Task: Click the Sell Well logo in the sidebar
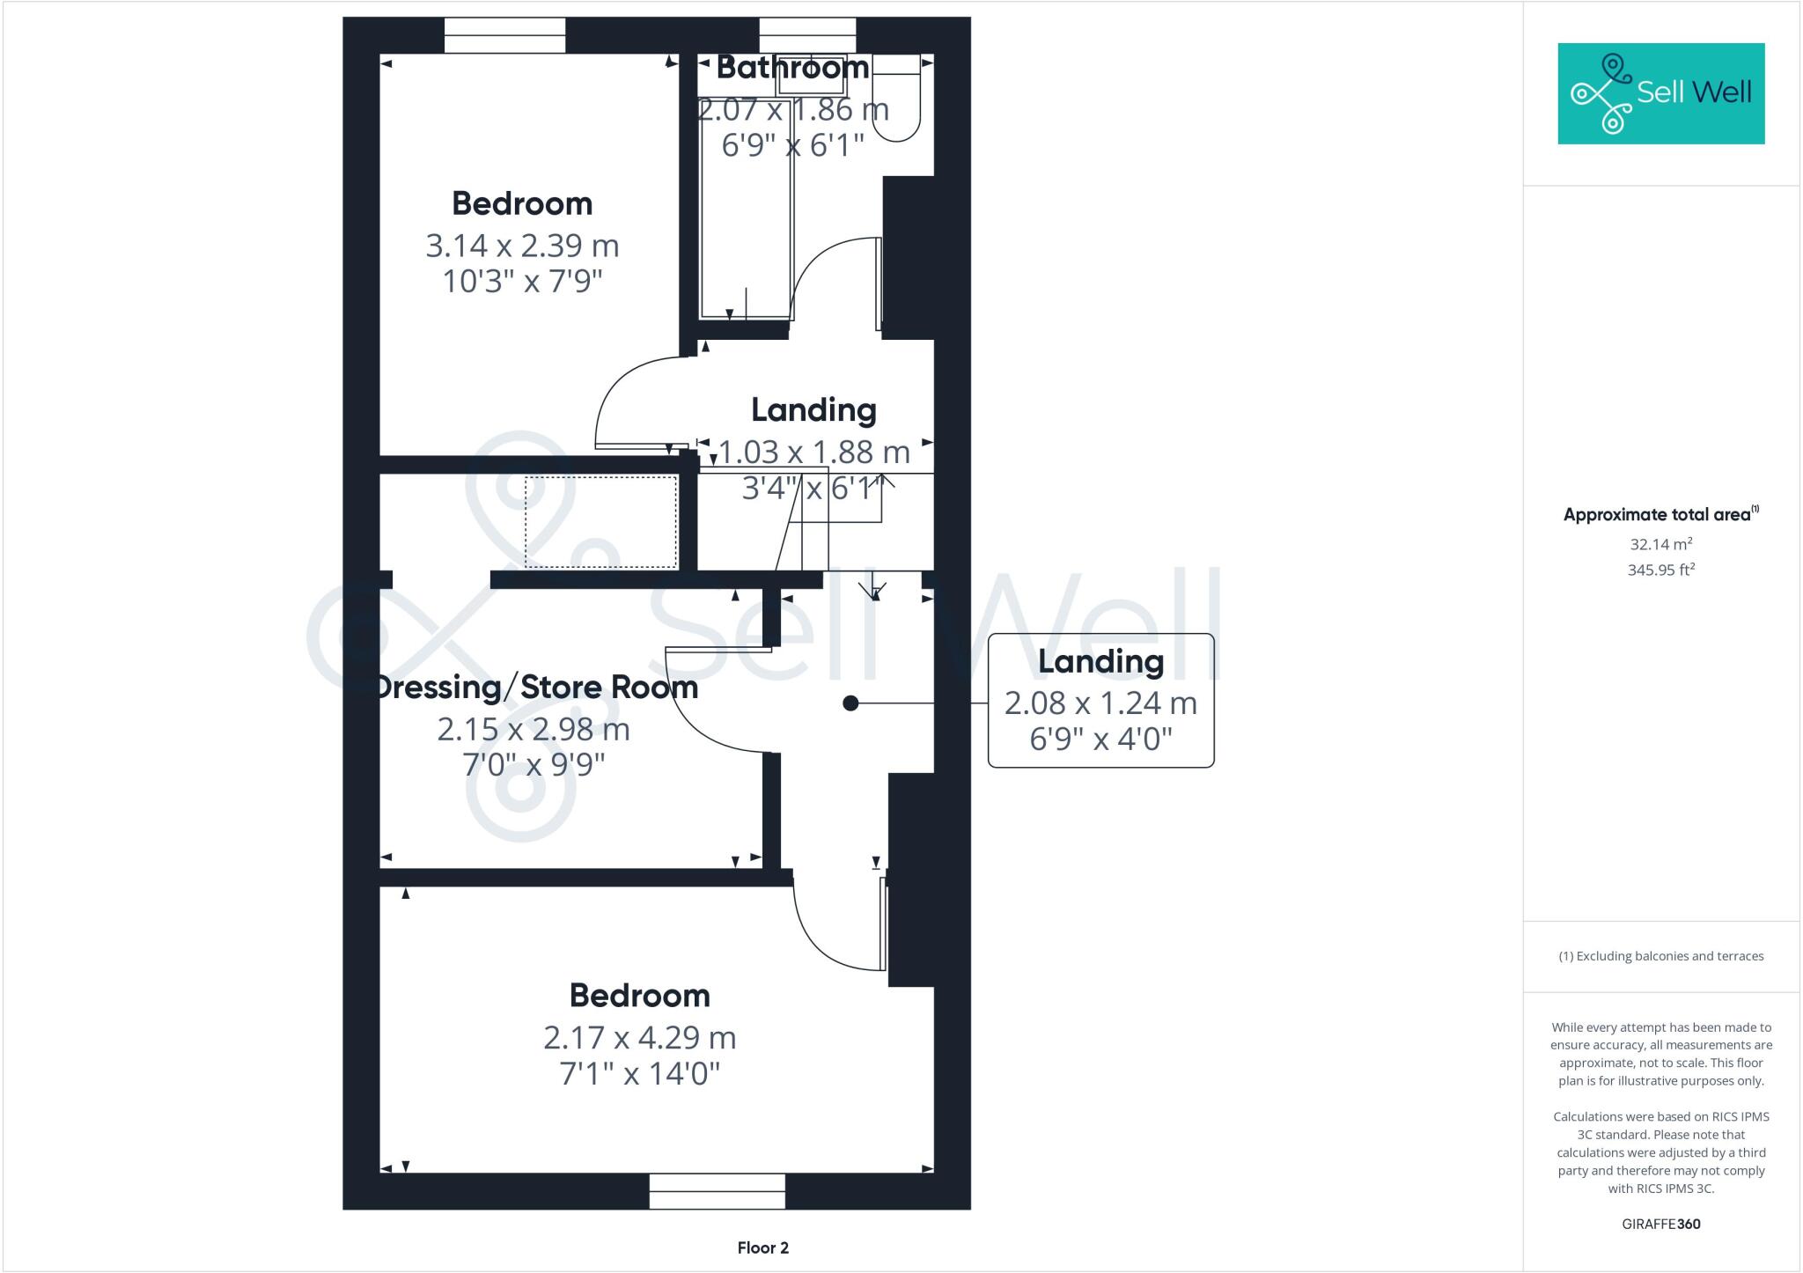click(x=1660, y=93)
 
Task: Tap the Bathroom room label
click(x=792, y=67)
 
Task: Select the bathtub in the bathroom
click(x=746, y=211)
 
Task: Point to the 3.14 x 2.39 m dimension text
click(x=522, y=246)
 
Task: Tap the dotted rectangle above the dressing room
click(x=601, y=522)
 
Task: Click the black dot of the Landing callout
click(x=850, y=703)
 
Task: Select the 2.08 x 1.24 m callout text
click(x=1100, y=703)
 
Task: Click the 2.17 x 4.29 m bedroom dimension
click(x=639, y=1038)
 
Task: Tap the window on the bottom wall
click(x=717, y=1191)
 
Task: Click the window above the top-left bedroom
click(x=504, y=35)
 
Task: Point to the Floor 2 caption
click(x=762, y=1247)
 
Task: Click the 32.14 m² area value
click(x=1660, y=544)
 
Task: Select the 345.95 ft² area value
click(x=1660, y=570)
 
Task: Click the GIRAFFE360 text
click(x=1660, y=1224)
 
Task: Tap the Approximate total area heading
click(x=1660, y=515)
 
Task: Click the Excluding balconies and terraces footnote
click(x=1660, y=956)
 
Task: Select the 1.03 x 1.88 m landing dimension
click(x=814, y=453)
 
